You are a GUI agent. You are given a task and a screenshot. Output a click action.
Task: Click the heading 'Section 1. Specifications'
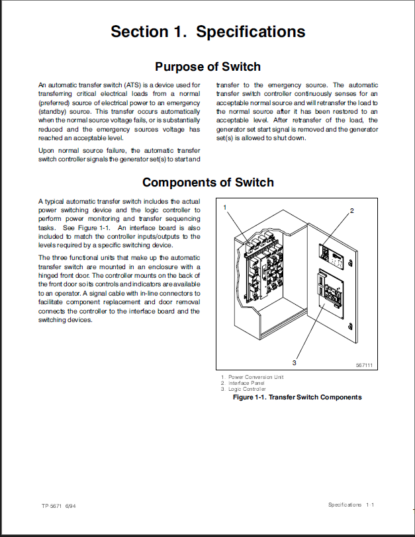pos(208,32)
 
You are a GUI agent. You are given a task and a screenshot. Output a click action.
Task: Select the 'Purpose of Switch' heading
pos(208,67)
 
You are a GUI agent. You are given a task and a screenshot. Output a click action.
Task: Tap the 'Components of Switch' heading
pos(208,183)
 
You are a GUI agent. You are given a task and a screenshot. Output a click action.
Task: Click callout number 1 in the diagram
pos(225,207)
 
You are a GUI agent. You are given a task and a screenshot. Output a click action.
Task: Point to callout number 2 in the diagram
pos(352,210)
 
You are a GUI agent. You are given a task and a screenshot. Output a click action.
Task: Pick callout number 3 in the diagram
pos(294,362)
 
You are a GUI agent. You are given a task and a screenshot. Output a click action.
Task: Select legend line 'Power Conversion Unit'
pos(255,377)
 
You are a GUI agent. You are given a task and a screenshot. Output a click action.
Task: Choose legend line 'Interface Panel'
pos(248,383)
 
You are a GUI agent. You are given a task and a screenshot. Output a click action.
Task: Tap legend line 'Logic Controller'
pos(248,389)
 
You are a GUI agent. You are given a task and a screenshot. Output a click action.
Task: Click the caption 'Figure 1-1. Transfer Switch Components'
pos(297,397)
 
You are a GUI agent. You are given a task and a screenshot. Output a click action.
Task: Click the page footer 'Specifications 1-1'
pos(351,505)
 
